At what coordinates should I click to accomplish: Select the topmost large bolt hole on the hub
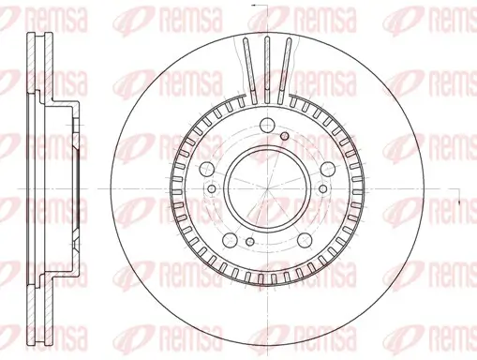266,124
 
